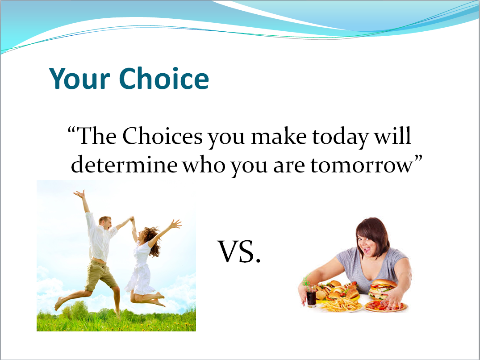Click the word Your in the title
coord(79,78)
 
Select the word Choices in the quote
coord(163,136)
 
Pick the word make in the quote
coord(279,136)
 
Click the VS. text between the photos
coord(239,251)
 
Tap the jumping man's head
coord(105,222)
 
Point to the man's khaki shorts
coord(100,275)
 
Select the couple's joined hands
coord(132,218)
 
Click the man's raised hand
coord(79,194)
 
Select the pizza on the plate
coord(385,306)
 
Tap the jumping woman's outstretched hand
coord(176,224)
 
